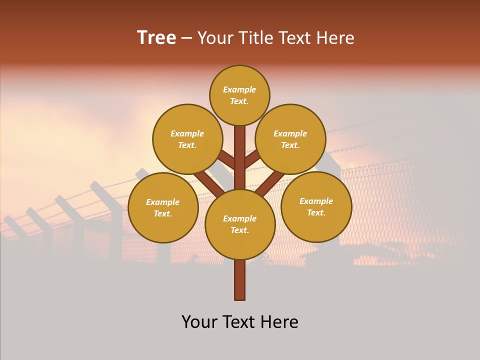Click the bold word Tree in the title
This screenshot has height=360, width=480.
[156, 38]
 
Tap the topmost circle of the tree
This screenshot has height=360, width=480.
[239, 95]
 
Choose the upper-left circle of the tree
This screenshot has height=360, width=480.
[187, 139]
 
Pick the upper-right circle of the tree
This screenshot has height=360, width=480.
[290, 139]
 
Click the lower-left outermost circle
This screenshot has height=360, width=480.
[163, 207]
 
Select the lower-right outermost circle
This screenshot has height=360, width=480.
[316, 206]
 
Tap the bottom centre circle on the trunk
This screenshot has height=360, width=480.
[240, 224]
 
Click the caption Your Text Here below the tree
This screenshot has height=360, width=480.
[240, 322]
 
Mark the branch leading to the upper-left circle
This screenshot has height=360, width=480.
[226, 160]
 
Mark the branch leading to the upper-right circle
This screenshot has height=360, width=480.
[253, 159]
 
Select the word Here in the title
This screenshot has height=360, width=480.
[335, 38]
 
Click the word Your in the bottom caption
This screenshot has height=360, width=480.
[198, 322]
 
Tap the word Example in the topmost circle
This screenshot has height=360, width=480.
[239, 90]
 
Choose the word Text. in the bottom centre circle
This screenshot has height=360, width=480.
[239, 230]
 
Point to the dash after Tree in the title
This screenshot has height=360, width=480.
[186, 38]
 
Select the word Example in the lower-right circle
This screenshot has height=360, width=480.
[316, 201]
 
